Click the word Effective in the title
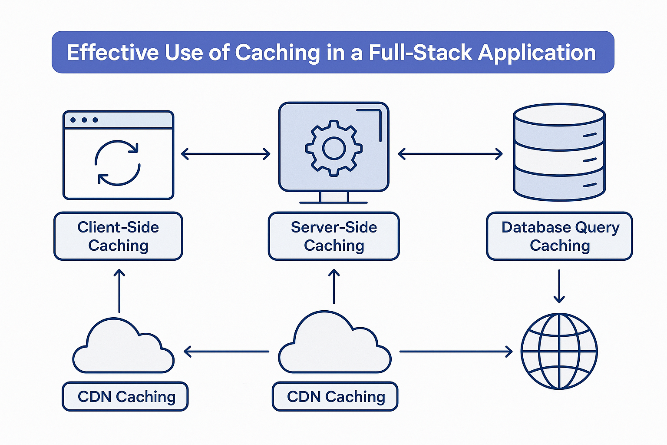pos(113,53)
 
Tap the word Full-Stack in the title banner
pos(420,53)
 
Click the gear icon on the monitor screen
pos(333,149)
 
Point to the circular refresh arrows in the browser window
pos(118,163)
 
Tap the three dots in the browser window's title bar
pos(84,120)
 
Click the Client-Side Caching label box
pos(118,236)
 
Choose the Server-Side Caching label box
pos(333,236)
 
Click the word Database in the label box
pos(536,227)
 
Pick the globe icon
pos(559,351)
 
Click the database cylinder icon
pos(559,152)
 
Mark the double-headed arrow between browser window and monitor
pos(226,154)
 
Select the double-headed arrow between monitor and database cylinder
pos(450,154)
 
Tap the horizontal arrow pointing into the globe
pos(456,351)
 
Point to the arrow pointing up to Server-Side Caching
pos(333,287)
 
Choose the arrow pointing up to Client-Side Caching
pos(119,290)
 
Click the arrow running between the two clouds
pos(227,351)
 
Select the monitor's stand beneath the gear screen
pos(333,198)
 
